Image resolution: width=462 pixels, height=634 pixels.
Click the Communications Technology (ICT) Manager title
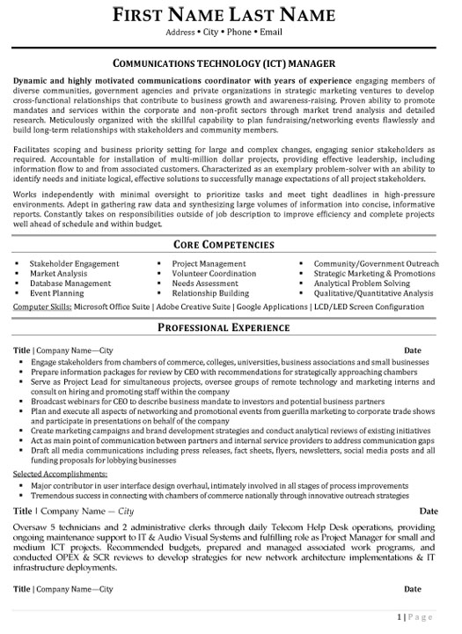[231, 64]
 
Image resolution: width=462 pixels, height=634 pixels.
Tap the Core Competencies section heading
[231, 244]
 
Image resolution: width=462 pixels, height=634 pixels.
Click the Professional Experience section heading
[231, 328]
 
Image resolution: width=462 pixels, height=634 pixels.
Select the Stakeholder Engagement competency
[74, 263]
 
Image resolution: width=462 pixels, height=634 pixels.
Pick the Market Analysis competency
[57, 274]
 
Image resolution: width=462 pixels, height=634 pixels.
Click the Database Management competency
[70, 284]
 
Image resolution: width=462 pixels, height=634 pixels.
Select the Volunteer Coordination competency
[214, 274]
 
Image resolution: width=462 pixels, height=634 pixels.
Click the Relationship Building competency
[210, 294]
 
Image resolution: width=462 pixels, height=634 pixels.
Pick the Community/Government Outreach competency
[374, 263]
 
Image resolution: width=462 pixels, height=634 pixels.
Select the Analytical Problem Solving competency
[361, 284]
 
